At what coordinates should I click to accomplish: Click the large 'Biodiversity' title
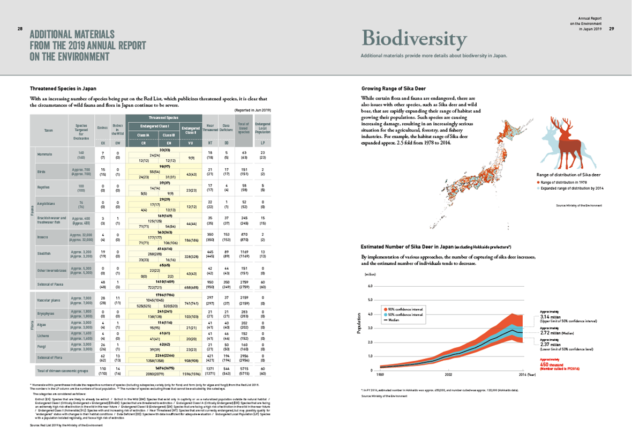click(x=414, y=39)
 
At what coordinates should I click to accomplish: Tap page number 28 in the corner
click(x=20, y=28)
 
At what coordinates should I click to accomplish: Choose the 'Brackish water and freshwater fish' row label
click(x=51, y=220)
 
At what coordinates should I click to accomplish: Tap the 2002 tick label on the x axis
click(x=447, y=375)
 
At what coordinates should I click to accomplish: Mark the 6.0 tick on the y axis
click(x=369, y=286)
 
